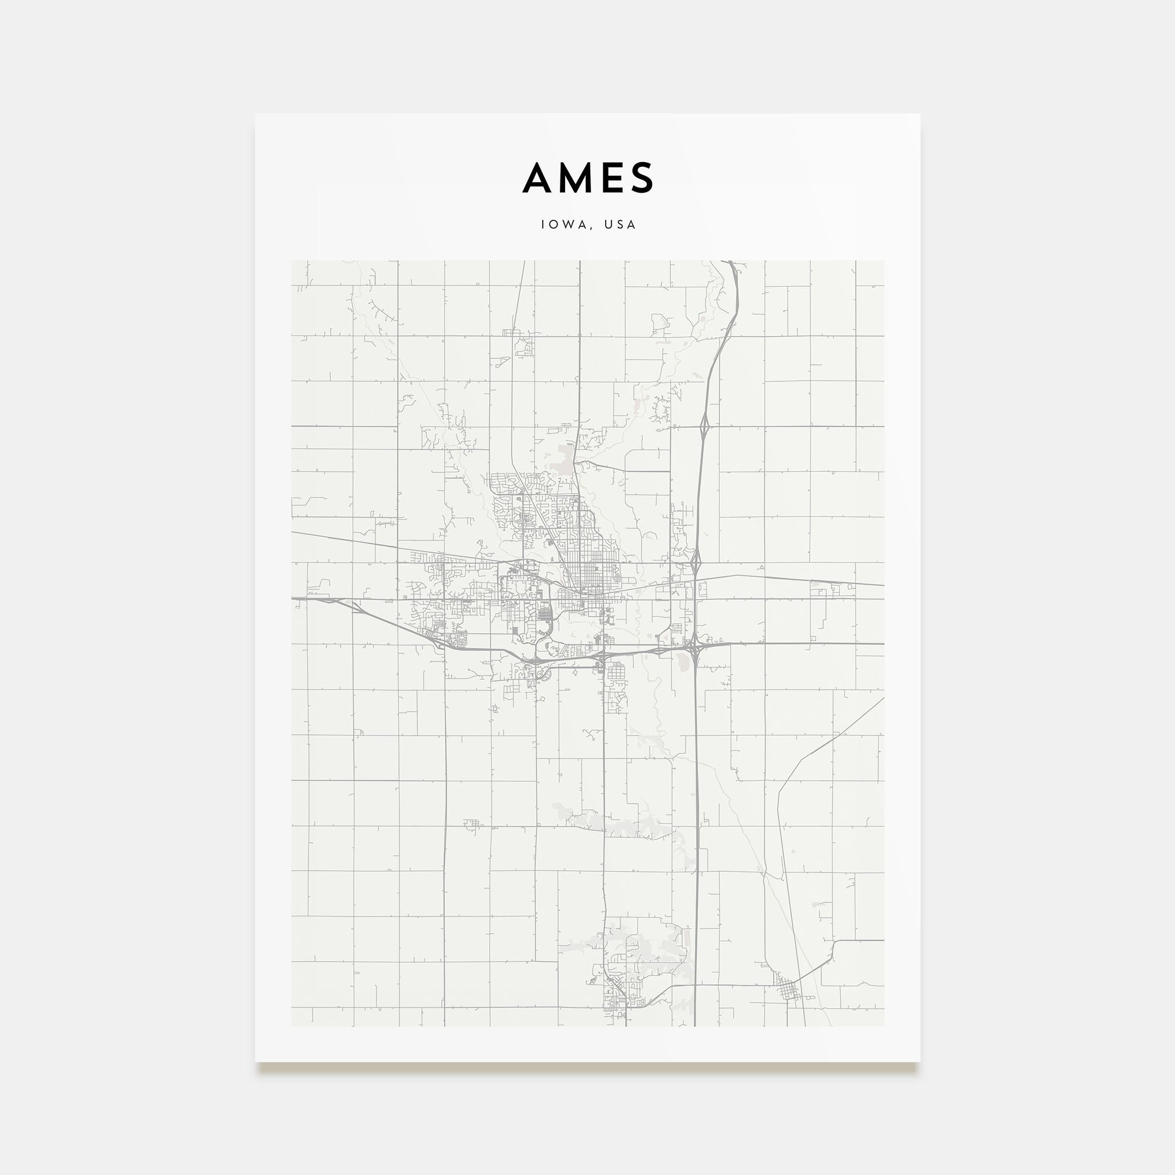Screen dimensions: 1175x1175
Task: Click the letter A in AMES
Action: point(540,178)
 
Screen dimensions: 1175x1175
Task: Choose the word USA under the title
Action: point(620,224)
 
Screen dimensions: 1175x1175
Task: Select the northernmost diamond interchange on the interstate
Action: point(705,424)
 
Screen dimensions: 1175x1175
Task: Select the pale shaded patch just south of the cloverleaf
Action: point(694,662)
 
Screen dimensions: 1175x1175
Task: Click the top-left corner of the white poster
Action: point(256,115)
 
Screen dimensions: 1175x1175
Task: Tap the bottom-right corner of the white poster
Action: point(919,1062)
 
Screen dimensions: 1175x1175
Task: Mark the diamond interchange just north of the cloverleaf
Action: point(696,556)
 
